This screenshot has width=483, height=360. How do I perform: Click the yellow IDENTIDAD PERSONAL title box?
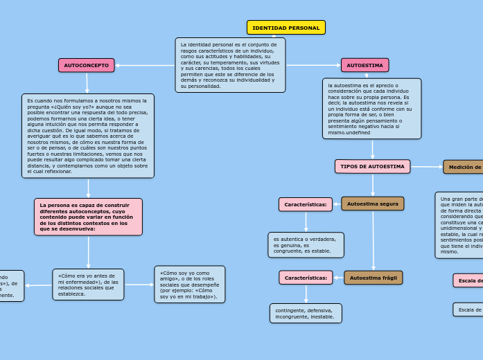pos(286,28)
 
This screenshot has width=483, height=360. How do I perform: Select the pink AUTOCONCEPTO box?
pos(86,65)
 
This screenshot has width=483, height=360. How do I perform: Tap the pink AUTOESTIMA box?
pos(365,65)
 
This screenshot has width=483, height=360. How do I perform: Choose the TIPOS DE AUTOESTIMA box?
pos(372,167)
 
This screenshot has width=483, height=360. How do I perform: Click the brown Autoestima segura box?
pos(372,204)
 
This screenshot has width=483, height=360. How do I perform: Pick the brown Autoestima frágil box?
pos(373,278)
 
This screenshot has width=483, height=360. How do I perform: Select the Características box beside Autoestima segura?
pos(305,204)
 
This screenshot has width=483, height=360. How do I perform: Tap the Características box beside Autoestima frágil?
pos(306,278)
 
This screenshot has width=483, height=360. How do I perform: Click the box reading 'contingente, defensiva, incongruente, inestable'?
pos(306,313)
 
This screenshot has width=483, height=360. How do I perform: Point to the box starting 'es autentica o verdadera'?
pos(306,244)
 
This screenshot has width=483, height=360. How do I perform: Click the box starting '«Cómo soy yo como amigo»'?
pos(189,285)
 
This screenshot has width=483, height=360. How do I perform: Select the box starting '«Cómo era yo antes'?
pos(88,285)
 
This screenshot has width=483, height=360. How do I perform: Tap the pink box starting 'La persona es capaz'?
pos(88,217)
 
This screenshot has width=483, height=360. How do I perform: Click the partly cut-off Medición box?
pos(463,167)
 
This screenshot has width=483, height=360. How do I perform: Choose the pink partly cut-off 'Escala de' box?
pos(468,280)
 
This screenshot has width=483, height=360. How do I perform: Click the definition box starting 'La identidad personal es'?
pos(230,65)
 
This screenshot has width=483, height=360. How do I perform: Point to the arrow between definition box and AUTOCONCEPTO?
pos(145,65)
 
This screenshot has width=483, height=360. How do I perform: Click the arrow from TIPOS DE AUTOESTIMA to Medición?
pos(427,167)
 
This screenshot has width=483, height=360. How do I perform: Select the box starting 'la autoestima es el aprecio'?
pos(371,108)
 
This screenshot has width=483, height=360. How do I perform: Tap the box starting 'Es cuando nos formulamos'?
pos(88,136)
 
